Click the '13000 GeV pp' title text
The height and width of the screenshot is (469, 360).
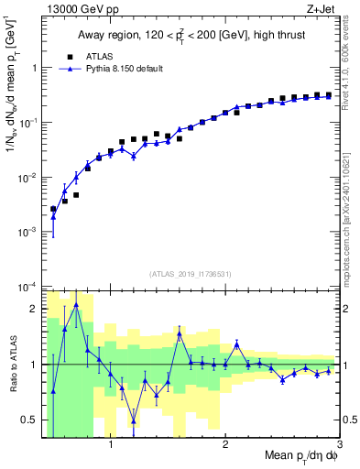[78, 10]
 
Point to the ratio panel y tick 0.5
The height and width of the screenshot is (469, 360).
[31, 420]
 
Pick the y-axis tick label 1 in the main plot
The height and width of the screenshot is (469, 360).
[35, 67]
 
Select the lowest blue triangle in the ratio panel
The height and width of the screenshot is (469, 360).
[134, 421]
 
